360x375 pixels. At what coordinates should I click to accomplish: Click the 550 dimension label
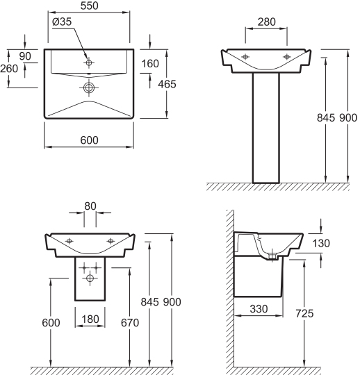[89, 6]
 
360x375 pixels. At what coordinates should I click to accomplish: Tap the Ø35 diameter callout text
[62, 22]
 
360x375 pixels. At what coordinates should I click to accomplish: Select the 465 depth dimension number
[167, 84]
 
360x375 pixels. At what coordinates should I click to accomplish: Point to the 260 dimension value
[9, 69]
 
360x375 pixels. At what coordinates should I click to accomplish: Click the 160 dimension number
[150, 64]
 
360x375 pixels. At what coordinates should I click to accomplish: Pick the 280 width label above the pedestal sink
[266, 22]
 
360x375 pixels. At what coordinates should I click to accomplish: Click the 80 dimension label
[90, 206]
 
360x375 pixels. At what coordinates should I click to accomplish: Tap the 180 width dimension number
[90, 319]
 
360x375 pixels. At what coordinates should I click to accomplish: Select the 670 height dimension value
[130, 323]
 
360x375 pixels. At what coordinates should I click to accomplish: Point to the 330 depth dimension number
[259, 309]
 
